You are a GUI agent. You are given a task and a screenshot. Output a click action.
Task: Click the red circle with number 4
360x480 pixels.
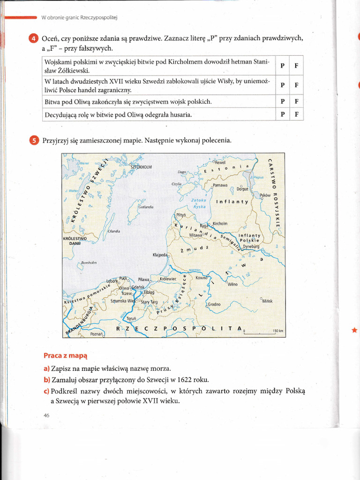[x=33, y=38]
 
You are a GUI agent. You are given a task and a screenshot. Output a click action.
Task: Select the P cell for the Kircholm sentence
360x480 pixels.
[x=282, y=66]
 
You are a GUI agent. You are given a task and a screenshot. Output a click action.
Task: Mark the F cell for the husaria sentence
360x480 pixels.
[x=296, y=114]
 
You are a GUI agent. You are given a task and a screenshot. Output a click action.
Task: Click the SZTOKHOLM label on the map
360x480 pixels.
[x=141, y=167]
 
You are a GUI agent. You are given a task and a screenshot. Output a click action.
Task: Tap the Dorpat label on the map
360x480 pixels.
[x=242, y=189]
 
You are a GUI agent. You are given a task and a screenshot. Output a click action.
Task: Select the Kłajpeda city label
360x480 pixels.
[x=160, y=255]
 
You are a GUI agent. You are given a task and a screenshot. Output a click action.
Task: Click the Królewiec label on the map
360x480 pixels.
[x=167, y=278]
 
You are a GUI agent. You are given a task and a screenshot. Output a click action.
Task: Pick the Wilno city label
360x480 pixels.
[x=232, y=284]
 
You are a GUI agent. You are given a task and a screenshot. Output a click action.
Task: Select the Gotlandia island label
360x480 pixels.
[x=146, y=207]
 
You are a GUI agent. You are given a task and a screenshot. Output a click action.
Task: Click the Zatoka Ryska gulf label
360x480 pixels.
[x=199, y=203]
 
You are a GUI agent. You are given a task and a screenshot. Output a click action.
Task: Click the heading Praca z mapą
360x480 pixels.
[x=65, y=356]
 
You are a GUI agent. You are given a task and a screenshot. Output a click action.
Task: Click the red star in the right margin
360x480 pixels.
[x=354, y=330]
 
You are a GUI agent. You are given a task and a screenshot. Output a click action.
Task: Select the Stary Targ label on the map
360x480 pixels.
[x=150, y=302]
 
